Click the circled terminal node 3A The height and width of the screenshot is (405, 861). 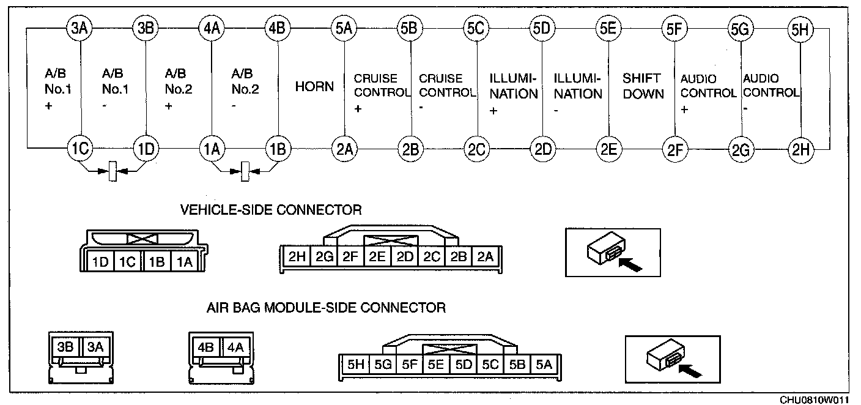click(x=79, y=28)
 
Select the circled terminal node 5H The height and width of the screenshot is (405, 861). click(x=800, y=29)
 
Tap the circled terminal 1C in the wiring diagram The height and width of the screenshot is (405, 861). click(x=80, y=148)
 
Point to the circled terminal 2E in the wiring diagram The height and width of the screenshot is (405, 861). click(x=609, y=149)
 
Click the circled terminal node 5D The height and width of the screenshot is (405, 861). click(x=542, y=28)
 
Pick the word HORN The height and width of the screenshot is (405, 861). click(x=314, y=86)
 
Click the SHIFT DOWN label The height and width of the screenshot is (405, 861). click(x=643, y=86)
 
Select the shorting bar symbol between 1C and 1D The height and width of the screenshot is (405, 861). click(x=113, y=171)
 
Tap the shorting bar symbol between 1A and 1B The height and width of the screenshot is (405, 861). click(x=245, y=171)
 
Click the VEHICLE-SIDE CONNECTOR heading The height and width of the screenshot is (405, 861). click(x=271, y=210)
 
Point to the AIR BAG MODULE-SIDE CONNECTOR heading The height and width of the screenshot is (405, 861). click(x=326, y=308)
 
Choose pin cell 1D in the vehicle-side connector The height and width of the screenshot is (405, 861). click(x=100, y=262)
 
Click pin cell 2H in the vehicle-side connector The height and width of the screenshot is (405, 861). click(x=297, y=256)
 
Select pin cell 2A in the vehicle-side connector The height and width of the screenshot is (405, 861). click(x=485, y=256)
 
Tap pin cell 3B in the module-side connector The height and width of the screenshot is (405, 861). click(x=65, y=347)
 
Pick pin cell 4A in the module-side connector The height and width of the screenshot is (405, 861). click(x=235, y=347)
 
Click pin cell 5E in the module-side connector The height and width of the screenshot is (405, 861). click(x=436, y=364)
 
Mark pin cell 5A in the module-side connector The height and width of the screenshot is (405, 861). click(x=544, y=364)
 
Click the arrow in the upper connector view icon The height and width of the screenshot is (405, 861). click(x=630, y=265)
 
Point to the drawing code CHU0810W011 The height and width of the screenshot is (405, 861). click(x=814, y=400)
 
